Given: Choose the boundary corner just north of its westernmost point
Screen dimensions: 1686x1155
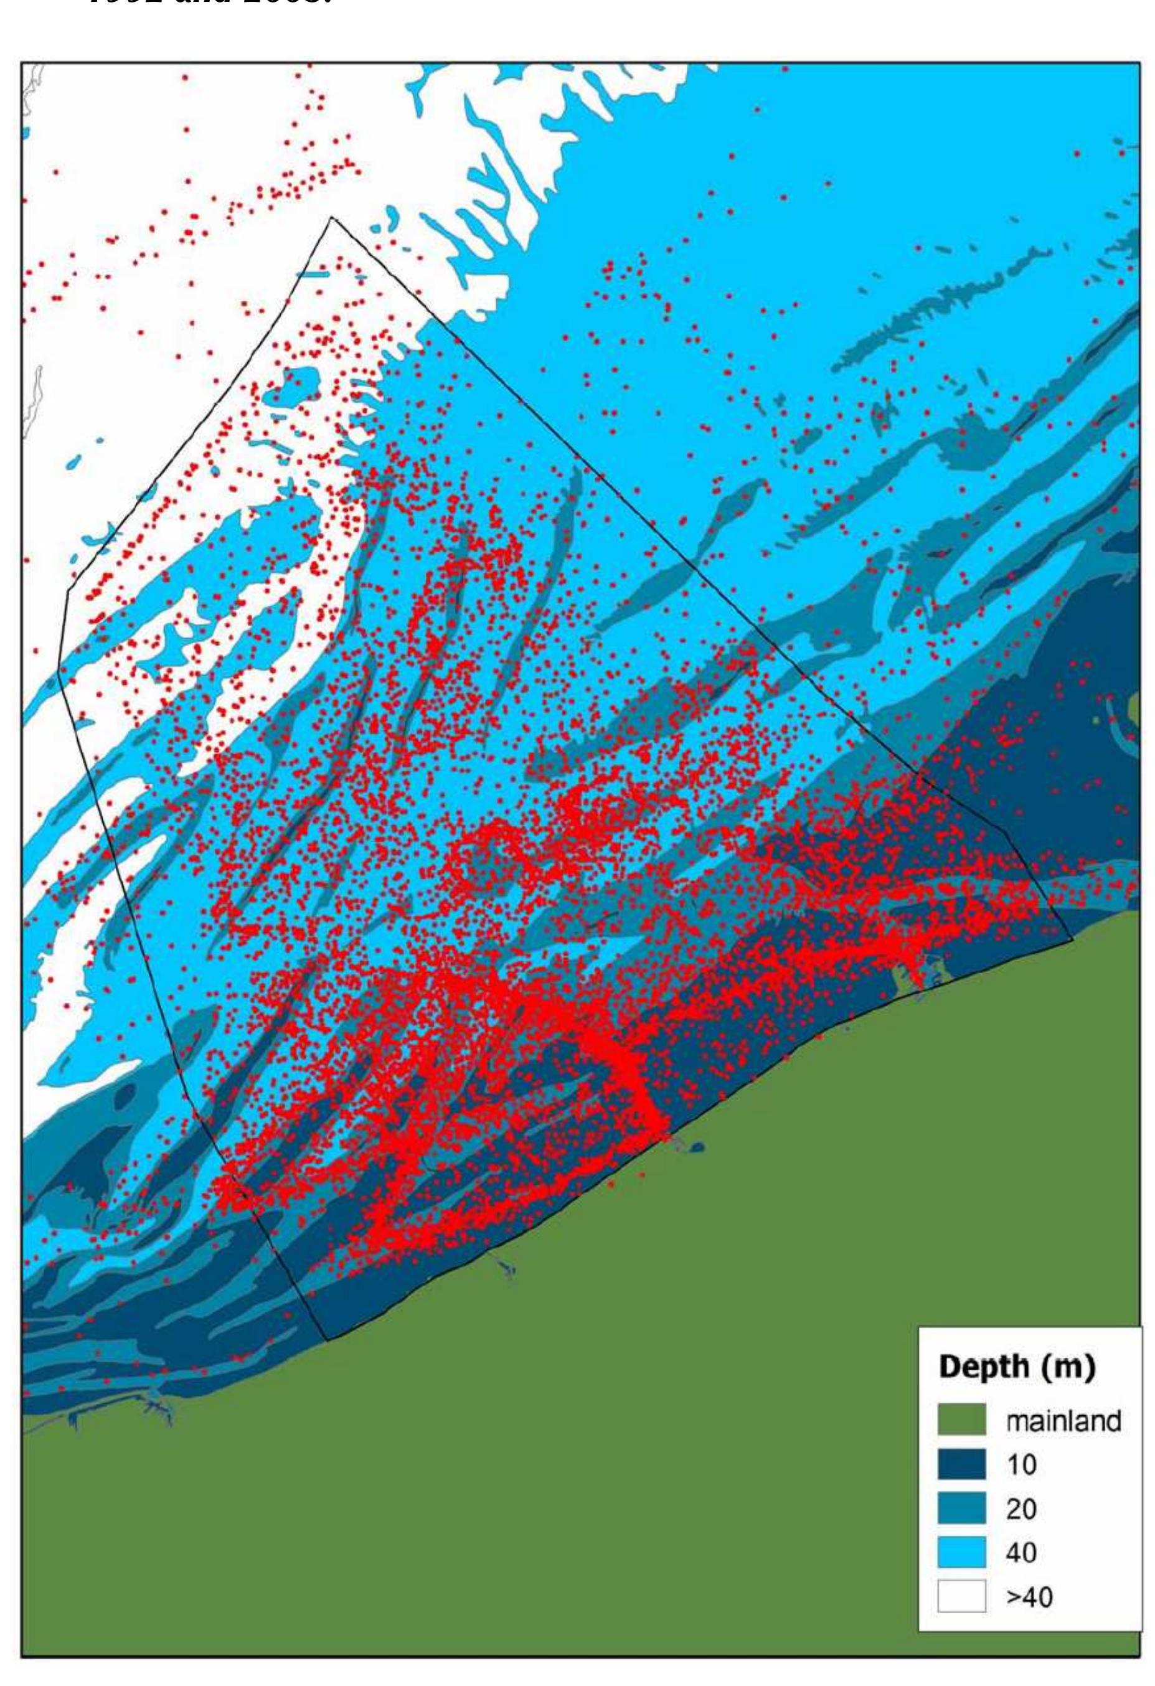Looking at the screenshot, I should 68,590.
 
